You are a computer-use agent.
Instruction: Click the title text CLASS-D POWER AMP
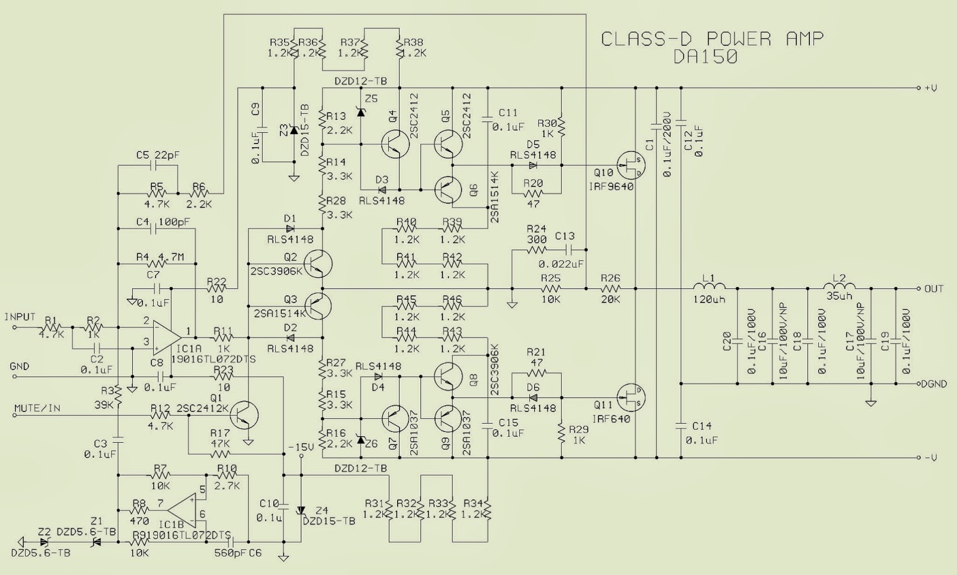point(712,39)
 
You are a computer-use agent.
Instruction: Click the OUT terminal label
point(934,289)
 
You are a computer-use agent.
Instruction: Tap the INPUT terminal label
point(20,317)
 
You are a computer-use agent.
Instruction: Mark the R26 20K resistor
point(610,289)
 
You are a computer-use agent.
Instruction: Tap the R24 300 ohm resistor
point(537,249)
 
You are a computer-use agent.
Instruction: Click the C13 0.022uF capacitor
point(566,249)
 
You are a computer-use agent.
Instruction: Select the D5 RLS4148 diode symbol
point(533,165)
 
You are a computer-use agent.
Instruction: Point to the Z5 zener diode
point(361,110)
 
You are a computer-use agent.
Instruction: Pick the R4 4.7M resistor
point(159,263)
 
